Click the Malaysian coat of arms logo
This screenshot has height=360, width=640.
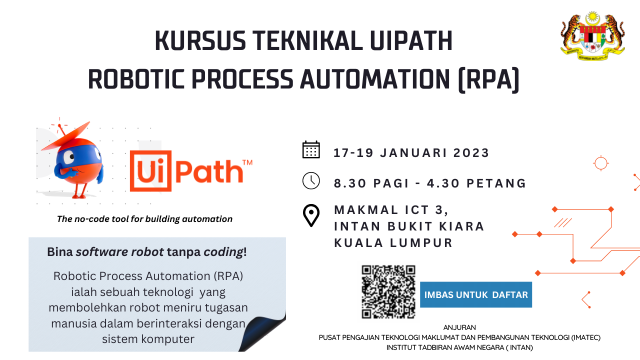pyautogui.click(x=592, y=36)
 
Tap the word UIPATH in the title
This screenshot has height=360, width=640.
pyautogui.click(x=411, y=40)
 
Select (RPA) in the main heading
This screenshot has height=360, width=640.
pyautogui.click(x=488, y=79)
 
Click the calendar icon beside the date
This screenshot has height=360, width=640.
pyautogui.click(x=311, y=149)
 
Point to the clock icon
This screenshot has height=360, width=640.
pyautogui.click(x=311, y=180)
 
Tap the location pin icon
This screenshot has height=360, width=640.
pyautogui.click(x=311, y=215)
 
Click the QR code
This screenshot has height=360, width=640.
pyautogui.click(x=388, y=291)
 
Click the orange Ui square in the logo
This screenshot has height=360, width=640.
pyautogui.click(x=150, y=171)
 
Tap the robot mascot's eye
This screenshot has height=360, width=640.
pyautogui.click(x=69, y=156)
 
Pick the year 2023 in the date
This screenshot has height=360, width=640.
pyautogui.click(x=471, y=153)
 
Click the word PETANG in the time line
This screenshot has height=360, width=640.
pyautogui.click(x=496, y=183)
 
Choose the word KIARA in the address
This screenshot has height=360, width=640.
pyautogui.click(x=461, y=226)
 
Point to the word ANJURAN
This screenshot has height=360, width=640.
pyautogui.click(x=459, y=327)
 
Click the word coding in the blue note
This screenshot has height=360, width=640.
pyautogui.click(x=223, y=252)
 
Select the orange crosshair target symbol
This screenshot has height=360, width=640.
pyautogui.click(x=601, y=163)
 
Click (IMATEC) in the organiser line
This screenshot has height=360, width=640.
pyautogui.click(x=585, y=337)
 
